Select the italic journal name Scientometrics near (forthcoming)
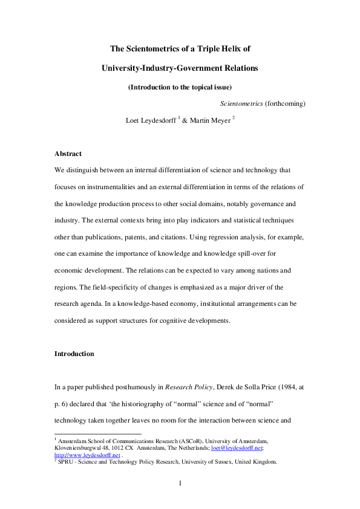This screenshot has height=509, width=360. tap(242, 104)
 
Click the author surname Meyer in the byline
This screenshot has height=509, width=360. tap(218, 120)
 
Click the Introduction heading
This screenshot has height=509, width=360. tap(74, 353)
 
